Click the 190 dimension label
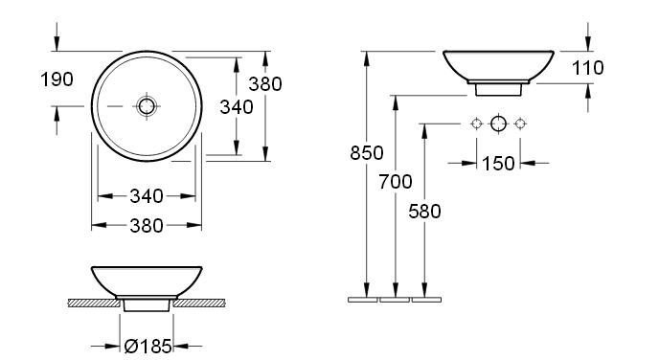click(x=57, y=79)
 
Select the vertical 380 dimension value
click(x=265, y=84)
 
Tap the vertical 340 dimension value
click(x=237, y=107)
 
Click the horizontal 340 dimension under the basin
click(x=147, y=196)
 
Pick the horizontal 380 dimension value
click(x=147, y=226)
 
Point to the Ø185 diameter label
click(x=148, y=347)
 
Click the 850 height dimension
click(x=367, y=153)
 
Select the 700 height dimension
click(x=396, y=182)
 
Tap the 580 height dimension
click(x=425, y=212)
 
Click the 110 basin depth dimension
click(x=588, y=68)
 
